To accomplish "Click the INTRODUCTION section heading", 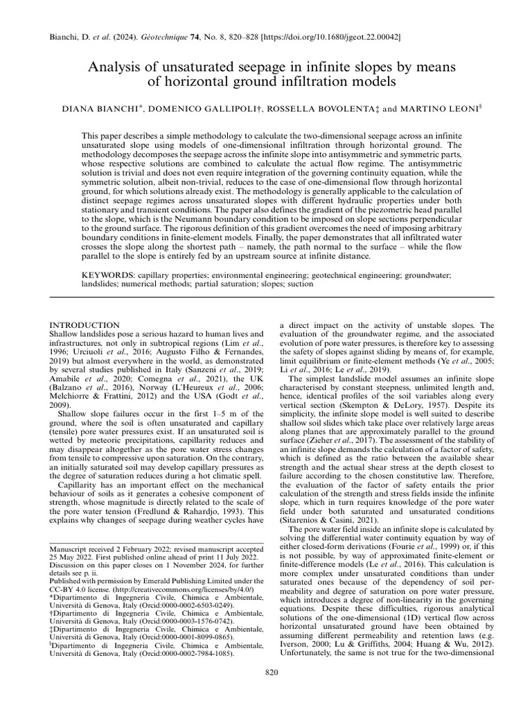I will pyautogui.click(x=86, y=325).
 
